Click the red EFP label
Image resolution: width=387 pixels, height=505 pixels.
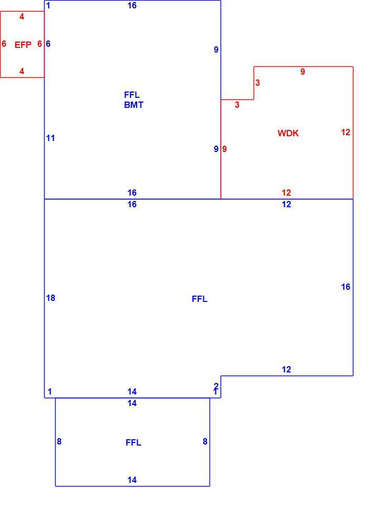23,44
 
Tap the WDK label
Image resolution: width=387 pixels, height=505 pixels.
288,133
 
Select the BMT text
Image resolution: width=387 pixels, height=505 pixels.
134,105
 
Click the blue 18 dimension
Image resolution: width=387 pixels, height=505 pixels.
51,298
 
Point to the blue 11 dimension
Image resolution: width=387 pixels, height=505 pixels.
50,138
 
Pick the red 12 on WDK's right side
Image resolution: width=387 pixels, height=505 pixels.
346,132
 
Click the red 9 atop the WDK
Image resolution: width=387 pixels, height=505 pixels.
302,72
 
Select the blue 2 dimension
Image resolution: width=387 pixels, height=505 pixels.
216,386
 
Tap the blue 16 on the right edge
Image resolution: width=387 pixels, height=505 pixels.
346,287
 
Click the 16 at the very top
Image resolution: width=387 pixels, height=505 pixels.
132,5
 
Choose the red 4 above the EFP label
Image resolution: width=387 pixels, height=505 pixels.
22,16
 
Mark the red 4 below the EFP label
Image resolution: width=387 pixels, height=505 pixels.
22,71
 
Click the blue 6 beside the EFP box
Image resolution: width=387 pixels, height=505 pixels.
48,44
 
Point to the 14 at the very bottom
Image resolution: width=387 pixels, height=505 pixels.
132,480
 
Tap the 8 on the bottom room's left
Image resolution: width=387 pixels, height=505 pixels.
59,441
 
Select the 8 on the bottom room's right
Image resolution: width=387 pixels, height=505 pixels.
205,441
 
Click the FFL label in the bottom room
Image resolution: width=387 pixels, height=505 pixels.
133,442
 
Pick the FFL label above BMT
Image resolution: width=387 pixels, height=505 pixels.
132,95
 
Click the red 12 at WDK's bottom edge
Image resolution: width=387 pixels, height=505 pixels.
286,193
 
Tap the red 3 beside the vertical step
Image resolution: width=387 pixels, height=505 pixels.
257,83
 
